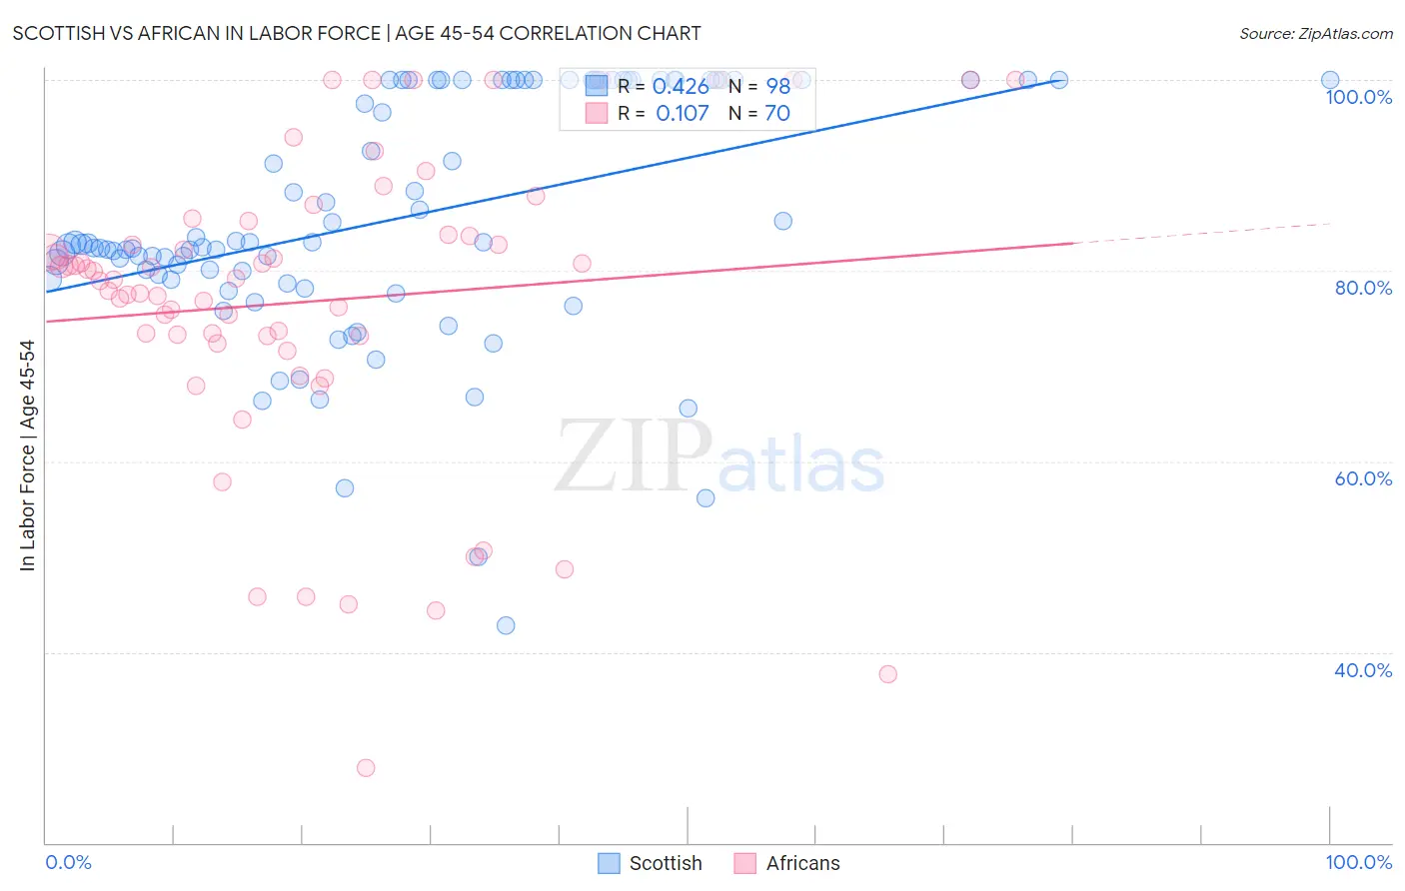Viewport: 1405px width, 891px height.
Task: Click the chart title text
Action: point(357,33)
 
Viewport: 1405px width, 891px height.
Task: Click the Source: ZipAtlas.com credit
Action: point(1315,33)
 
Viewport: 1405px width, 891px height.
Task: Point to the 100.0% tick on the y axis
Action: point(1358,97)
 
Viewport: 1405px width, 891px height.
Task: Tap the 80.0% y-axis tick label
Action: point(1363,288)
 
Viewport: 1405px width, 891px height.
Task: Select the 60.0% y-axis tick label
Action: point(1363,478)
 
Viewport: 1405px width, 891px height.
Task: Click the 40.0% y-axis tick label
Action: point(1363,670)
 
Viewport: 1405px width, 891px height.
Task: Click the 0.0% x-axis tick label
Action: point(68,862)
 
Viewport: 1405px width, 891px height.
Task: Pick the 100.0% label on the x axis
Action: point(1358,862)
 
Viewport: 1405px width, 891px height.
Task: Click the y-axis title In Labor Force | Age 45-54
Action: point(27,455)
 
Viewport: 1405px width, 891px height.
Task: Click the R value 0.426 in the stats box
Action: point(681,87)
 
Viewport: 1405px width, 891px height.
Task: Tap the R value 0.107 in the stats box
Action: point(682,114)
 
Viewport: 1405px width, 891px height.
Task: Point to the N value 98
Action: point(777,87)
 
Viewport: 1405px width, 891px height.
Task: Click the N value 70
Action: point(777,114)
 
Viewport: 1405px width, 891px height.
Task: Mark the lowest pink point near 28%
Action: point(366,768)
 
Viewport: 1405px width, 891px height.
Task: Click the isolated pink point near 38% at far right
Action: point(887,674)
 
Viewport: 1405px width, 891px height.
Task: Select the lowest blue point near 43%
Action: point(506,625)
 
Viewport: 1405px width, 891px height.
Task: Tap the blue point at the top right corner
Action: point(1330,80)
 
